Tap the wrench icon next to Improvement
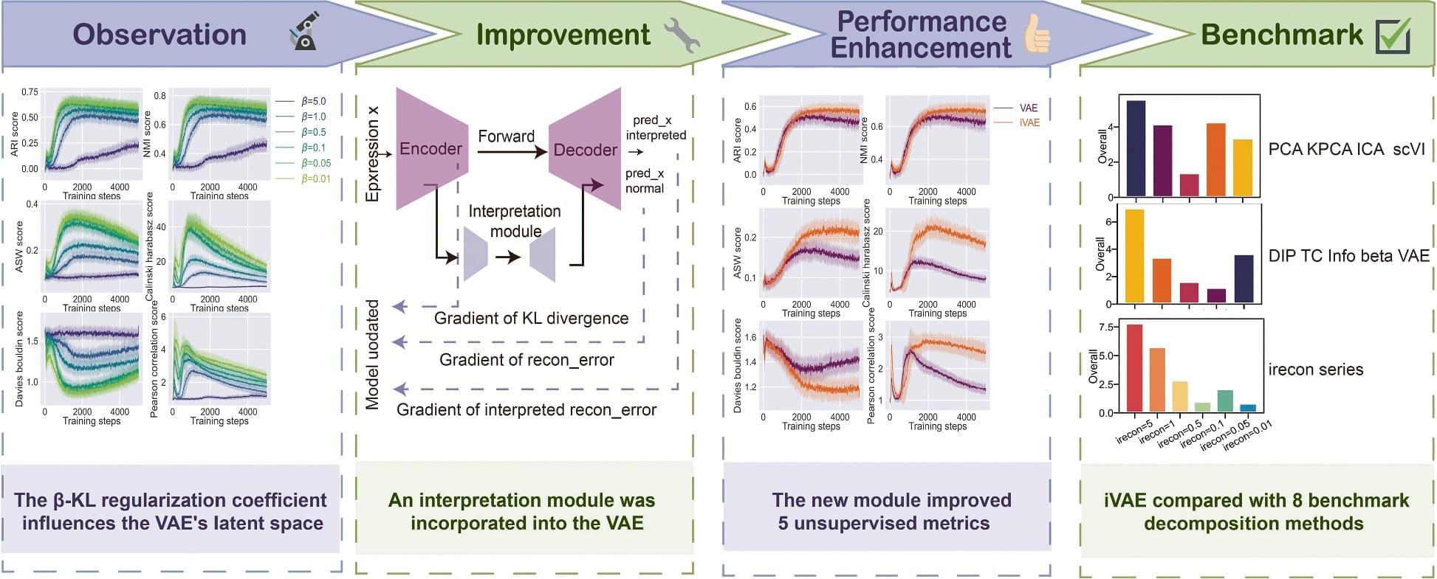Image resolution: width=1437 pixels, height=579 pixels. point(682,35)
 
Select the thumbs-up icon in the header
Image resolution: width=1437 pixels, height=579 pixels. point(1038,34)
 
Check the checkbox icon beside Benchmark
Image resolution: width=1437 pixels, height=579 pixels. point(1393,35)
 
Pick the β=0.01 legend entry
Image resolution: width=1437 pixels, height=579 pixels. point(303,178)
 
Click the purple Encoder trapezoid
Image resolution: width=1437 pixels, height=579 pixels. point(431,149)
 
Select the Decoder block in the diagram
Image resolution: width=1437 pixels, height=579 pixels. point(585,150)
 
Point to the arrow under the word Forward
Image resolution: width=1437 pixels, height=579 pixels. point(511,152)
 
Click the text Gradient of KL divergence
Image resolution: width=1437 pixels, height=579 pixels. point(531,319)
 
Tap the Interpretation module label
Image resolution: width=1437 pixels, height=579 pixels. point(515,221)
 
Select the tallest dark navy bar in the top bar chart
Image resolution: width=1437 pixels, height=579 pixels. point(1136,148)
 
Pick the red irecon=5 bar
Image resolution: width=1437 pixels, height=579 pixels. point(1135,368)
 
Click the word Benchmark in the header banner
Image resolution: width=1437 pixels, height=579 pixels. point(1282,35)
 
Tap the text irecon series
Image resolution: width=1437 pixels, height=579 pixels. point(1315,370)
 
